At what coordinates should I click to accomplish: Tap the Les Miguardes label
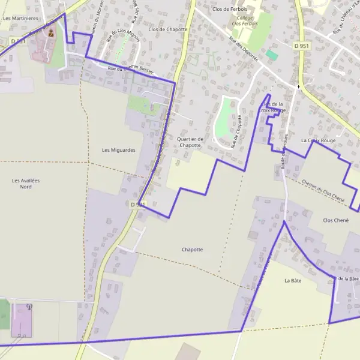119,150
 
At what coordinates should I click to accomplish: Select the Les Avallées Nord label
25,184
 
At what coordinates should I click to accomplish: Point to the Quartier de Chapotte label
191,142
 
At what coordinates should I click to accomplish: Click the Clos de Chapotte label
168,29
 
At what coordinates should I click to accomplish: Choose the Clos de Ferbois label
230,9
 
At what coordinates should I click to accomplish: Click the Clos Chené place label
335,220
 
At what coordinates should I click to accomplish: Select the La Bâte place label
293,280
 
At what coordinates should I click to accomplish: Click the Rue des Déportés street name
243,48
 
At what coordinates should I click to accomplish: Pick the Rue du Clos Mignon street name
116,44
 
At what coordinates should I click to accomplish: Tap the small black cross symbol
298,88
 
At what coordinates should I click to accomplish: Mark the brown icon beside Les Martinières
50,34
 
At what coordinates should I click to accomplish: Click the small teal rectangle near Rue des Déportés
272,55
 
